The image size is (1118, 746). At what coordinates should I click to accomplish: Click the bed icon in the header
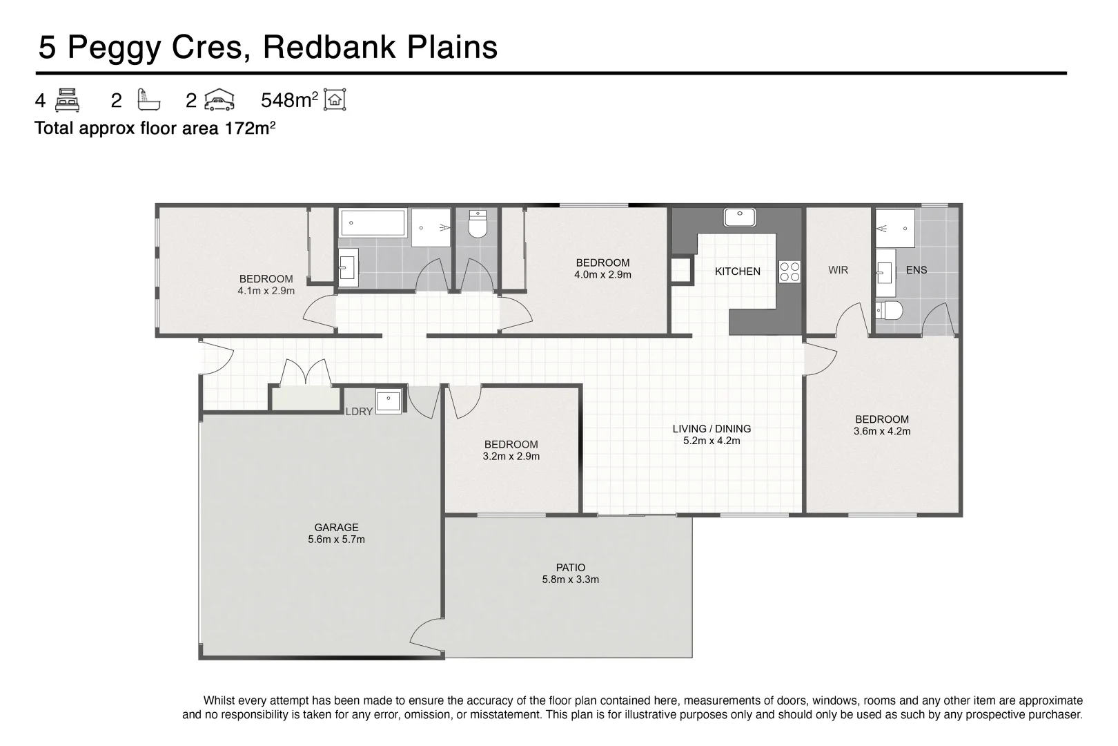coord(67,100)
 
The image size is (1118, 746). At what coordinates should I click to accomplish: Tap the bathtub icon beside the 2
coord(149,100)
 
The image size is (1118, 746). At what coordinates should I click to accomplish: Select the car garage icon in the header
coord(219,100)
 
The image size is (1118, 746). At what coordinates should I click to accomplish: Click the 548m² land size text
coord(289,100)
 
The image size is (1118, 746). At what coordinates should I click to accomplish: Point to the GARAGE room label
coord(336,527)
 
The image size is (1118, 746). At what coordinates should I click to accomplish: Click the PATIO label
coord(571,568)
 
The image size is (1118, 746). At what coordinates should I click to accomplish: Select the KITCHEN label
coord(738,271)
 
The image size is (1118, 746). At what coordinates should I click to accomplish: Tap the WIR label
coord(838,270)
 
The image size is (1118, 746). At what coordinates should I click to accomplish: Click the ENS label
coord(916,270)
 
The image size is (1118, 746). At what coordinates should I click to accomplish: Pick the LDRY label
coord(360,411)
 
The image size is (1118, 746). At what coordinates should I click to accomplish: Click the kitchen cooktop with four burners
coord(790,272)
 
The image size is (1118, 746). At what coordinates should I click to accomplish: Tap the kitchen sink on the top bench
coord(740,218)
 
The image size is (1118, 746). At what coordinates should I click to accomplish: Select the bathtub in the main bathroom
coord(373,223)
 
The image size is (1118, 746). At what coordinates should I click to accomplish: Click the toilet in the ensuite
coord(889,310)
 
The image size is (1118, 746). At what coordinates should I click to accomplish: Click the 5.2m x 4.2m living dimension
coord(712,441)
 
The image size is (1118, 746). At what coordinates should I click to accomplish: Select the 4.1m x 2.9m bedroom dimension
coord(266,291)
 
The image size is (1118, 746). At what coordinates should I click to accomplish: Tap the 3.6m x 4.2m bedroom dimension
coord(882,431)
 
